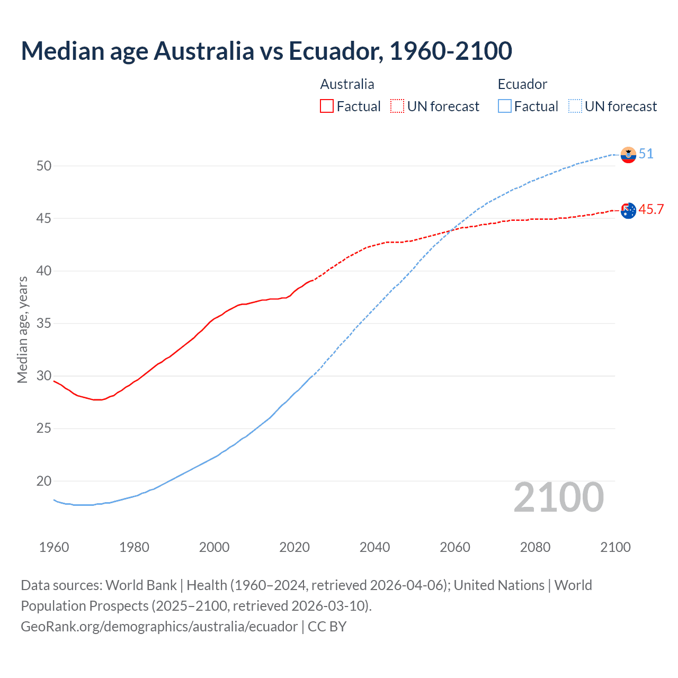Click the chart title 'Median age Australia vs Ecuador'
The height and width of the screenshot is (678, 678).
pyautogui.click(x=266, y=51)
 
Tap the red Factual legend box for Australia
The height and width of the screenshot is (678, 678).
pyautogui.click(x=327, y=106)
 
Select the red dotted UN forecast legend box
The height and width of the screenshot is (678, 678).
pyautogui.click(x=397, y=106)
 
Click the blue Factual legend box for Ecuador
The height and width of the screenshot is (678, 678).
pyautogui.click(x=505, y=106)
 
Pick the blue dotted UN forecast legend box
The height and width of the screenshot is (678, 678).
pyautogui.click(x=575, y=106)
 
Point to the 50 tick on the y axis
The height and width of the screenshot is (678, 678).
pyautogui.click(x=44, y=166)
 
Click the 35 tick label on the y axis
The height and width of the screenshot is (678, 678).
pyautogui.click(x=44, y=323)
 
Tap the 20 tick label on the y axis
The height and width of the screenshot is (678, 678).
pyautogui.click(x=44, y=481)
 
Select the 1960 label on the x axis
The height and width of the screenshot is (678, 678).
pyautogui.click(x=54, y=547)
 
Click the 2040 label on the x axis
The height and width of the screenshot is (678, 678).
pyautogui.click(x=374, y=547)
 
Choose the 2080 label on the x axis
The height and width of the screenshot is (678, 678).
pyautogui.click(x=535, y=547)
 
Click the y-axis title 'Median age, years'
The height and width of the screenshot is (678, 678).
pyautogui.click(x=22, y=329)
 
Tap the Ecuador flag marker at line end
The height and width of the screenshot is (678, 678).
pyautogui.click(x=628, y=155)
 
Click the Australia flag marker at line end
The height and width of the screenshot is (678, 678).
pyautogui.click(x=628, y=210)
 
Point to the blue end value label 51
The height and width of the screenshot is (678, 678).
pyautogui.click(x=646, y=154)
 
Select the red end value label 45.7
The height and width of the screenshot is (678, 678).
pyautogui.click(x=651, y=210)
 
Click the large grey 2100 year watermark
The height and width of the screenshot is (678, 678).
pyautogui.click(x=559, y=497)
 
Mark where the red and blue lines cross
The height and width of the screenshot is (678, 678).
pyautogui.click(x=452, y=230)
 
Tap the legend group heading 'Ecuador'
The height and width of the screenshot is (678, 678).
pyautogui.click(x=522, y=84)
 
